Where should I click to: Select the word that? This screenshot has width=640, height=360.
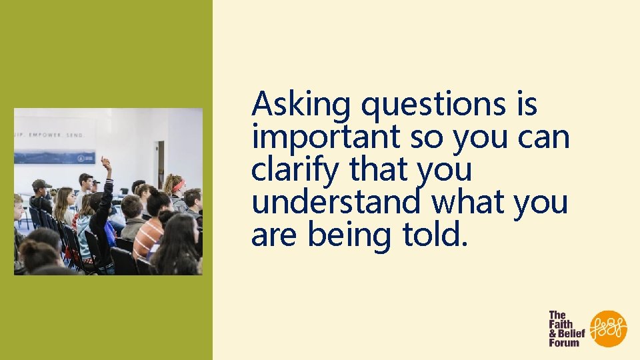point(378,170)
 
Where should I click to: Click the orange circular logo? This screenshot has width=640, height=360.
point(609,329)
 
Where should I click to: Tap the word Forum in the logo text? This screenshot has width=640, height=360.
point(564,343)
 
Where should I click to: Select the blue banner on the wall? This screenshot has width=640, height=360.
point(54,157)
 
